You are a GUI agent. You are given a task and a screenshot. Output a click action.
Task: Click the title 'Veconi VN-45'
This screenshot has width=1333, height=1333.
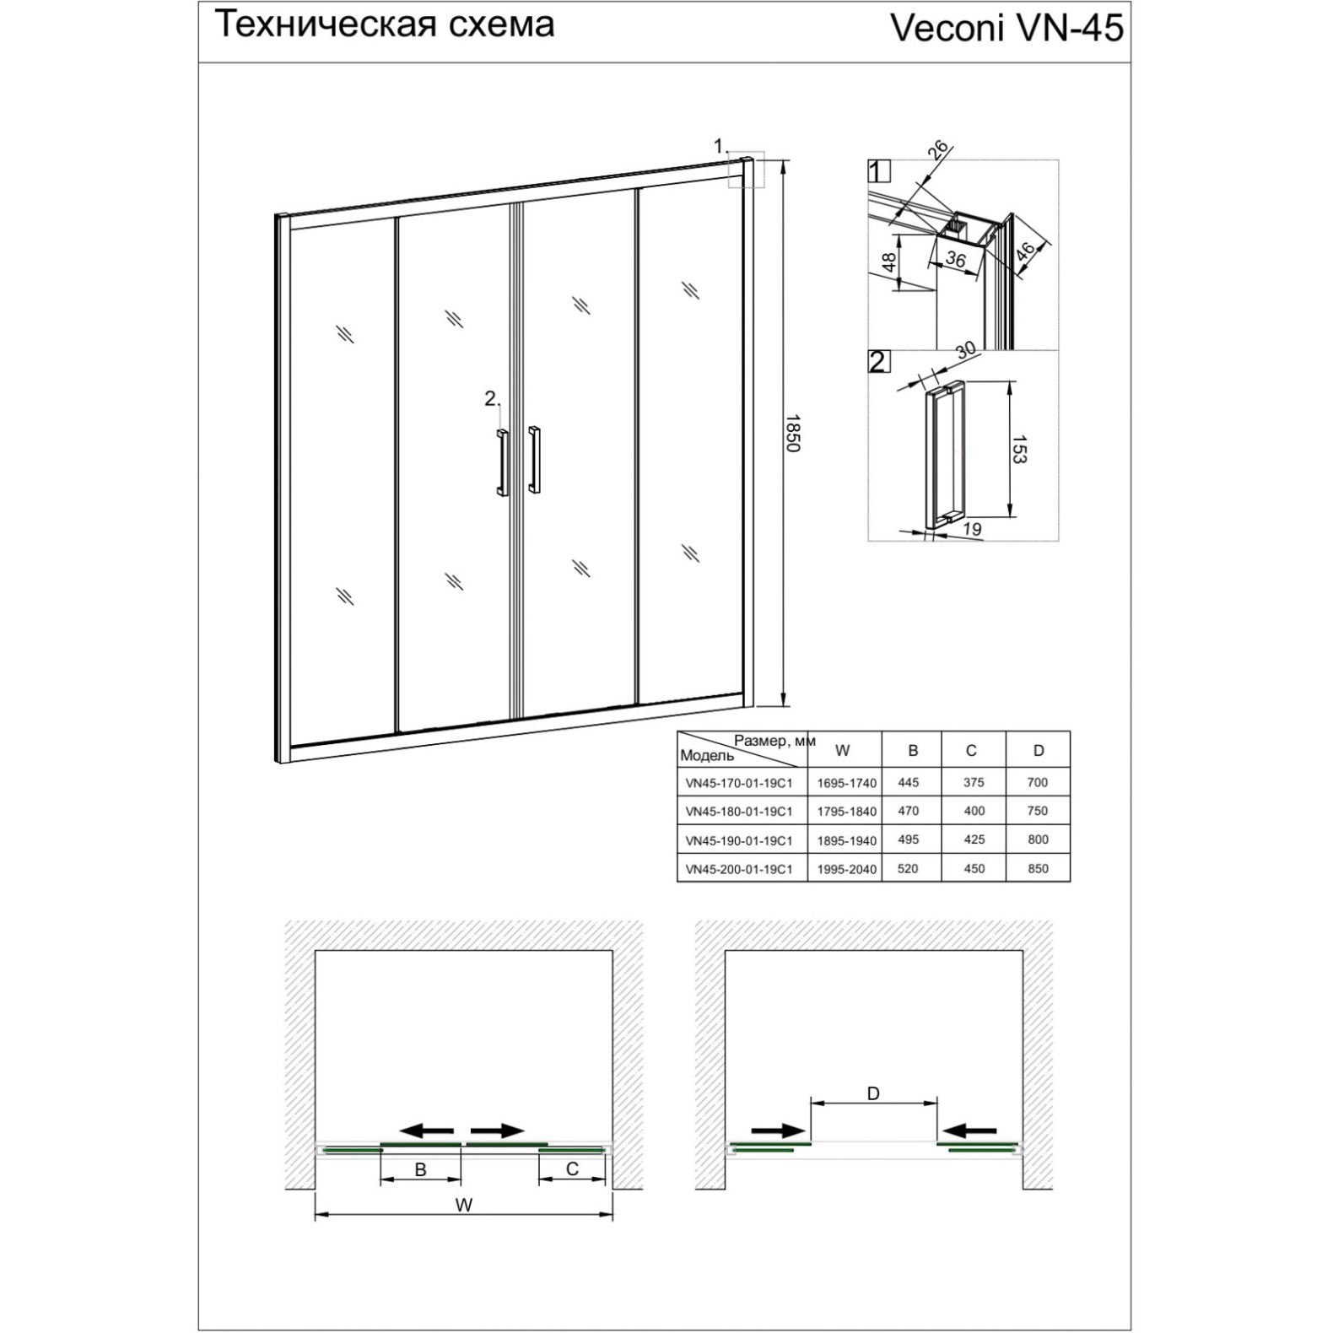pyautogui.click(x=1006, y=28)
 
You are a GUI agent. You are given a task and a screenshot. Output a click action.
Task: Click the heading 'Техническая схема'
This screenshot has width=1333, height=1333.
pyautogui.click(x=385, y=24)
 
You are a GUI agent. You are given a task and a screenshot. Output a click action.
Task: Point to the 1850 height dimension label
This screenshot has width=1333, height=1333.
pyautogui.click(x=791, y=433)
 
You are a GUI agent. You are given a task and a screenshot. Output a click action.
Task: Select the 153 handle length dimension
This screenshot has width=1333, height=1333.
pyautogui.click(x=1018, y=450)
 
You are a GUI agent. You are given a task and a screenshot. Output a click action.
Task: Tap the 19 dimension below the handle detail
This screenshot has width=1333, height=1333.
pyautogui.click(x=971, y=529)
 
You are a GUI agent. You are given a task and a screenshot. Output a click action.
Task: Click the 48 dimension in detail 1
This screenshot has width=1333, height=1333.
pyautogui.click(x=888, y=262)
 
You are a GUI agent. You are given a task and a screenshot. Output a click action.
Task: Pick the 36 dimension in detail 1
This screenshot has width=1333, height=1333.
pyautogui.click(x=955, y=259)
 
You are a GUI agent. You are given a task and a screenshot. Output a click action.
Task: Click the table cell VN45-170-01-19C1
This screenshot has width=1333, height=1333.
pyautogui.click(x=739, y=782)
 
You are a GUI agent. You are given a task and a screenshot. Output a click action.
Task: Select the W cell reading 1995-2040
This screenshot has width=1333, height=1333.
pyautogui.click(x=845, y=869)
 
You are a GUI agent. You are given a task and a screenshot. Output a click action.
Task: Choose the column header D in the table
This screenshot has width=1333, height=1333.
pyautogui.click(x=1038, y=750)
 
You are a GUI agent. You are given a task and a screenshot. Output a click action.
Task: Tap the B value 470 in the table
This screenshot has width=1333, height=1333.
pyautogui.click(x=909, y=811)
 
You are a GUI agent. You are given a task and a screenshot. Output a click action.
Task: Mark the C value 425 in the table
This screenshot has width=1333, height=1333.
pyautogui.click(x=974, y=839)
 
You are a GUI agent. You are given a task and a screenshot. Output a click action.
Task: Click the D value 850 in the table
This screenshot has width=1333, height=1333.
pyautogui.click(x=1038, y=868)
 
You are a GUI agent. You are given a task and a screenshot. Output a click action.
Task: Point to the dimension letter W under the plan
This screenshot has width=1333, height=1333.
pyautogui.click(x=463, y=1205)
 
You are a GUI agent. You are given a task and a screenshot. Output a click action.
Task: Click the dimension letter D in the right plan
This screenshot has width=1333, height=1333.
pyautogui.click(x=873, y=1093)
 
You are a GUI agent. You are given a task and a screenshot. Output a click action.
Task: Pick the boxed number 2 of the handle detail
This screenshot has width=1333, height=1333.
pyautogui.click(x=877, y=362)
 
